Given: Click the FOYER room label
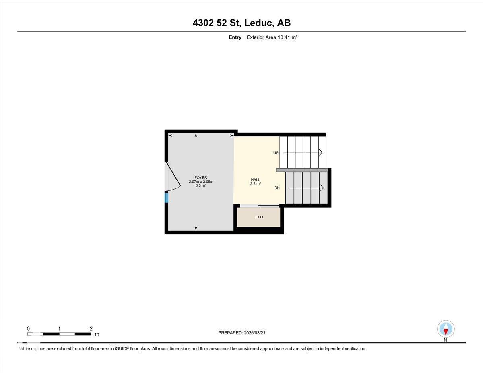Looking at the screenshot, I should click(200, 177).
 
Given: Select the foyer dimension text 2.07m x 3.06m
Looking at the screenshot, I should click(200, 181).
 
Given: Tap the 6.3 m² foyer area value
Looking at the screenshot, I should click(200, 185).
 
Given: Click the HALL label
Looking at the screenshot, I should click(255, 180).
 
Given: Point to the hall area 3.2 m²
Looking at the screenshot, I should click(255, 184).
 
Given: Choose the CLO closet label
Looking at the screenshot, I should click(259, 217).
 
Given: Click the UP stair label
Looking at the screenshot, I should click(276, 153).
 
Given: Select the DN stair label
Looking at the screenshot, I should click(277, 188).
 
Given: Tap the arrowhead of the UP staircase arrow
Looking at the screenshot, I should click(321, 152).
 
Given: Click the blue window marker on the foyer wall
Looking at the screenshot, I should click(166, 198).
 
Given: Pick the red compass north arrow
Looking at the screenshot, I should click(446, 331).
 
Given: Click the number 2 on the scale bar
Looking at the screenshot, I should click(91, 328).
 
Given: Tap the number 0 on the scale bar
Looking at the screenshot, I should click(28, 328).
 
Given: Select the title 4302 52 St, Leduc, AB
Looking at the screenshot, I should click(242, 23).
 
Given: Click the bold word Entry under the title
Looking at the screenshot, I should click(235, 37).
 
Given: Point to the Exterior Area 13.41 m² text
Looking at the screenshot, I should click(272, 37).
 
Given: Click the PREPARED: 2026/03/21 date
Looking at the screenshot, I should click(242, 333).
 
